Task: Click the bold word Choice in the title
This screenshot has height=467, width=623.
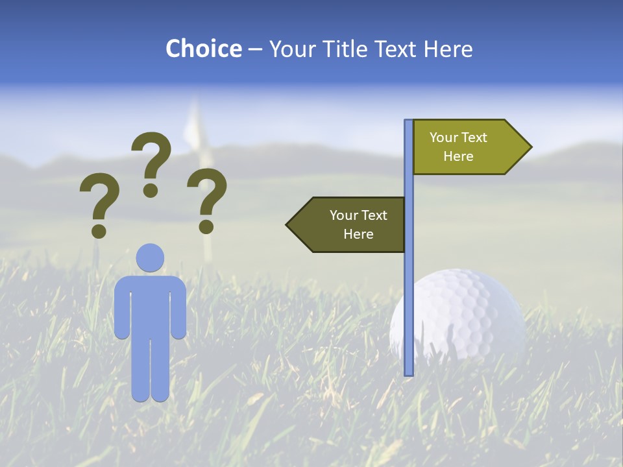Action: (x=203, y=49)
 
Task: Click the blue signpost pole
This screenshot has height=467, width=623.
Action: (x=408, y=292)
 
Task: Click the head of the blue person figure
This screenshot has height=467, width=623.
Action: (x=150, y=257)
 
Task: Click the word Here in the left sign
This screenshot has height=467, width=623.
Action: (x=358, y=234)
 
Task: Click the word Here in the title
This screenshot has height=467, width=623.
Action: (x=448, y=49)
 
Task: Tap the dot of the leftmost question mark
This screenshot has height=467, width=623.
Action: (x=99, y=231)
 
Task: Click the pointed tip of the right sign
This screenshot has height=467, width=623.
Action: (x=530, y=147)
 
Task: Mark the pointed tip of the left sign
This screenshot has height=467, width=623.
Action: (x=287, y=224)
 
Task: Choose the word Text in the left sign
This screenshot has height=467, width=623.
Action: (x=373, y=215)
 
